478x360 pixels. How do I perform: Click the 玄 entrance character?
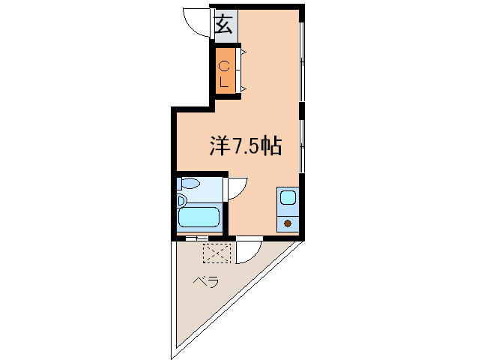(x=223, y=27)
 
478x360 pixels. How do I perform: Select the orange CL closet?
(x=224, y=69)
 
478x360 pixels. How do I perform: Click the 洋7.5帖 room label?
(x=245, y=146)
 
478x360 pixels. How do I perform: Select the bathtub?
(x=199, y=219)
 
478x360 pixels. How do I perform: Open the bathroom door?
(x=236, y=187)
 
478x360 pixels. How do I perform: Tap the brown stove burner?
(x=288, y=223)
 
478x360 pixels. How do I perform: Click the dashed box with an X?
(x=217, y=254)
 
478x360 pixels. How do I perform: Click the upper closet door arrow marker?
(x=243, y=51)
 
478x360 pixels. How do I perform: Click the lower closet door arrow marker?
(x=243, y=89)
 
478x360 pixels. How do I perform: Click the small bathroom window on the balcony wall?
(x=196, y=238)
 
